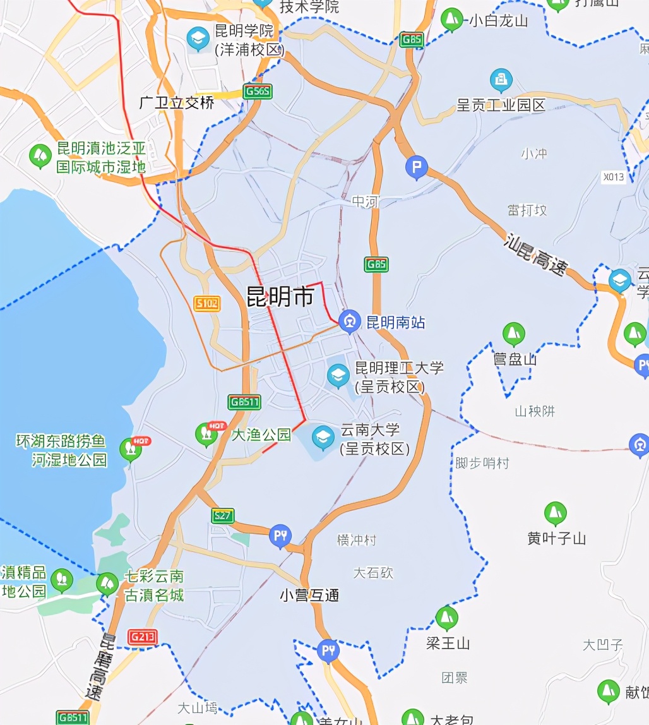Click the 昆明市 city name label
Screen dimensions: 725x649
(x=280, y=297)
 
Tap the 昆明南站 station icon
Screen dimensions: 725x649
(x=348, y=321)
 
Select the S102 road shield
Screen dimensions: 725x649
(x=207, y=304)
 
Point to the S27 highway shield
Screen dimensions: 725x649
(x=223, y=515)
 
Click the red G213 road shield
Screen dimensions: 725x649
(x=142, y=637)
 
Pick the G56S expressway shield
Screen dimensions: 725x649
(x=258, y=92)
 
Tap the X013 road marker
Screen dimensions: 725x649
(x=614, y=177)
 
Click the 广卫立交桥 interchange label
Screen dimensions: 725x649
(x=177, y=103)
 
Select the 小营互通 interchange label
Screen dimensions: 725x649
(x=309, y=595)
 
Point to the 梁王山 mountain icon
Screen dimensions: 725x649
(x=447, y=618)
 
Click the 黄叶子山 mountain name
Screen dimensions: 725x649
(x=556, y=538)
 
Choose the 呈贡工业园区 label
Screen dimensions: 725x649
(x=501, y=105)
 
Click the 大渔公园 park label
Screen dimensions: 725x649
(x=261, y=434)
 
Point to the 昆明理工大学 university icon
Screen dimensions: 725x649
(x=338, y=376)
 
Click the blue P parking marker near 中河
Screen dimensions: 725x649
(x=416, y=168)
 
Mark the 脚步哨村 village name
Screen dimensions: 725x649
(x=482, y=463)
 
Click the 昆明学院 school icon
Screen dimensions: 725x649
(x=198, y=39)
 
